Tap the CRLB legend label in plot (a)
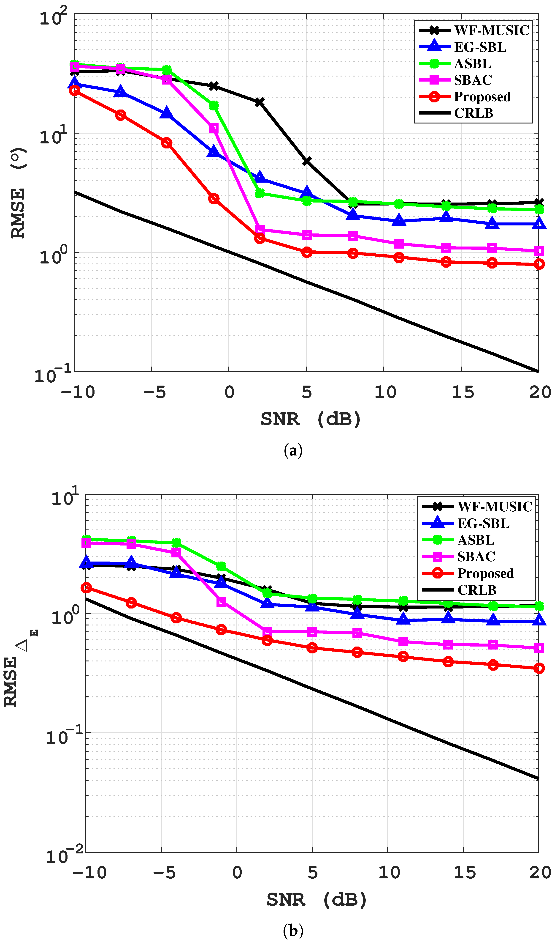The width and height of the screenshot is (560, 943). pyautogui.click(x=473, y=113)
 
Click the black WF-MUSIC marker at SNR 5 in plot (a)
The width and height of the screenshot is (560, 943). pyautogui.click(x=307, y=161)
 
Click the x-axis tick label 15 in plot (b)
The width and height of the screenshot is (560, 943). pyautogui.click(x=464, y=873)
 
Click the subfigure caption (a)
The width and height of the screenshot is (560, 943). pyautogui.click(x=293, y=451)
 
